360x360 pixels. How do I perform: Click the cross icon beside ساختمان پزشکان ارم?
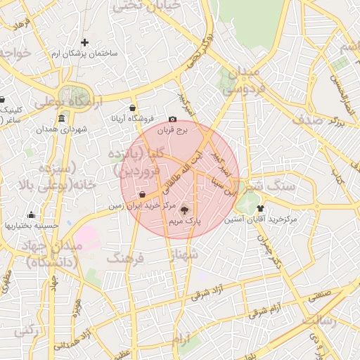click(85, 43)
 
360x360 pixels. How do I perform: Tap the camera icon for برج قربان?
click(173, 120)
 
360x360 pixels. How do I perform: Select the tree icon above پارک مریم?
click(184, 209)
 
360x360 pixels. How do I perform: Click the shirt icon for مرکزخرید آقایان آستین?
click(260, 208)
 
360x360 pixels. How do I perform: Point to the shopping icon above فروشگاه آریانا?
click(132, 108)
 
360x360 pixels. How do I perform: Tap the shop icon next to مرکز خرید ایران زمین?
click(143, 195)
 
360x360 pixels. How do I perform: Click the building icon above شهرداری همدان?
click(62, 118)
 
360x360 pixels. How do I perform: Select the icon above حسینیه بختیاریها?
click(30, 214)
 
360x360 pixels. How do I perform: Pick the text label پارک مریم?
click(184, 221)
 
